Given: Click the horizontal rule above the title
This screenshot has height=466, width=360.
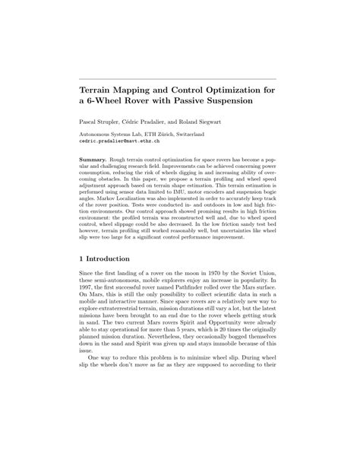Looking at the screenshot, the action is pos(179,78).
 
